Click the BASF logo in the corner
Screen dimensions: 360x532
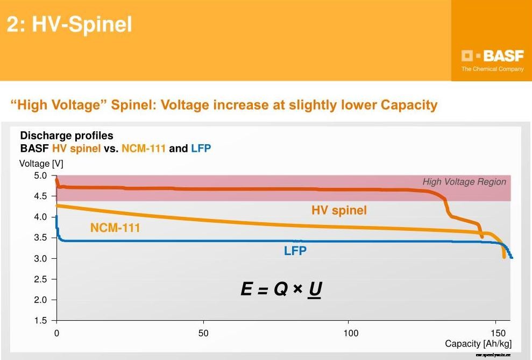[492, 56]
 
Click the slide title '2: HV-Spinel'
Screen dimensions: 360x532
[69, 25]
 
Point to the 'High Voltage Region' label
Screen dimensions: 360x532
[464, 182]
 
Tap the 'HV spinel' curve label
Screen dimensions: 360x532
[339, 210]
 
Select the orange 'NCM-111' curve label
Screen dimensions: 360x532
[115, 228]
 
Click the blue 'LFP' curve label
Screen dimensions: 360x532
[295, 250]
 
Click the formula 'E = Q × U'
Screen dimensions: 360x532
[281, 290]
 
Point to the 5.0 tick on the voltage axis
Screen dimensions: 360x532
[41, 175]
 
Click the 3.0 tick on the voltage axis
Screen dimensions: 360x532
[41, 258]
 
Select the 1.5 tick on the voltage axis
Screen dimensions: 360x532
[41, 321]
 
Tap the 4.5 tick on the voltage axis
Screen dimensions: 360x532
[41, 196]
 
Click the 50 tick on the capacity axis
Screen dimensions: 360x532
[203, 333]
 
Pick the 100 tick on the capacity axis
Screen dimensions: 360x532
[350, 333]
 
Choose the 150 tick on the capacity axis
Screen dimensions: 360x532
[498, 333]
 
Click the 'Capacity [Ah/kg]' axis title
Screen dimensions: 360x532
[478, 344]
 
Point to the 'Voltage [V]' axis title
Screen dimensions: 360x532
[41, 164]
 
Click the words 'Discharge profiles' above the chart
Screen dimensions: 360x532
[67, 136]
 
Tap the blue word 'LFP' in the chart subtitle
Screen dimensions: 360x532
[201, 148]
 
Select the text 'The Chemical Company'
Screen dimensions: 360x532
[492, 69]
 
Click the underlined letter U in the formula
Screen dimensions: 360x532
[315, 290]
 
